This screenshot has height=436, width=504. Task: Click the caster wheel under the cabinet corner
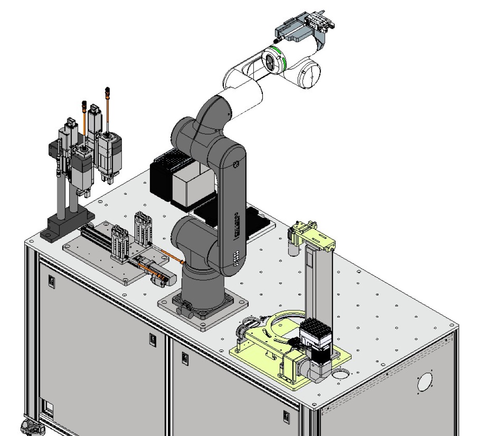(31, 428)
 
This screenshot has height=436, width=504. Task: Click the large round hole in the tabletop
(341, 373)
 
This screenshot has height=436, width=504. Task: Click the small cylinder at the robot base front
(184, 311)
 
